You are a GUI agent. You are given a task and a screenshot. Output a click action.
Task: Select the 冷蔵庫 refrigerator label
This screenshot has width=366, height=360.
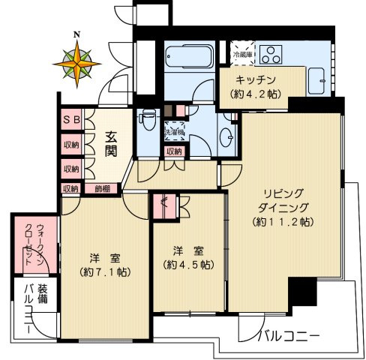[242, 55]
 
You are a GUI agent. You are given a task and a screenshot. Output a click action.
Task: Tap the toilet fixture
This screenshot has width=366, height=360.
[147, 119]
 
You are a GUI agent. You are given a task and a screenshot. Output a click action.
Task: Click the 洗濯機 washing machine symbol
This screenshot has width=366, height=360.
[175, 129]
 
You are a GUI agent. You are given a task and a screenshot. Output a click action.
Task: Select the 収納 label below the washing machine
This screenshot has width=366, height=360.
[174, 151]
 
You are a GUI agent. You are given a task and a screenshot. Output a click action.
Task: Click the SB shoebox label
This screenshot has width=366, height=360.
[71, 119]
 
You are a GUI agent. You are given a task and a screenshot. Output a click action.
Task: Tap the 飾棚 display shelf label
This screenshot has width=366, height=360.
[102, 188]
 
